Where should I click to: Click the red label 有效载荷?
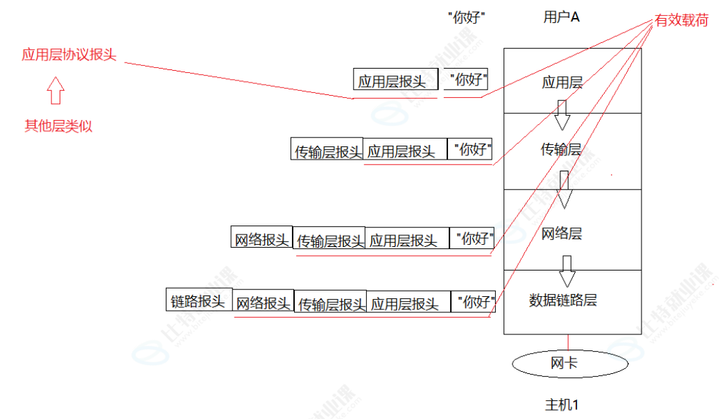(682, 21)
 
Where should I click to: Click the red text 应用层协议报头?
(69, 55)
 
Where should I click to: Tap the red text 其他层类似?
(58, 126)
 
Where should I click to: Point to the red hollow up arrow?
(56, 90)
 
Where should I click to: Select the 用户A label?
(561, 17)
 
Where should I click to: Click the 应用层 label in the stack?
(562, 83)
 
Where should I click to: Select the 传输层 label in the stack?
(561, 149)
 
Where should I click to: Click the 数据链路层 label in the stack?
(563, 300)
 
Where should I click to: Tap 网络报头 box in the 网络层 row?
(261, 239)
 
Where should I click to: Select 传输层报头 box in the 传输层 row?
(327, 150)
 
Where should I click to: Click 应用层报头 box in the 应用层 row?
(392, 80)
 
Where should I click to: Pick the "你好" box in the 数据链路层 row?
(476, 302)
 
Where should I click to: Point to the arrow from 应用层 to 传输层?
(562, 115)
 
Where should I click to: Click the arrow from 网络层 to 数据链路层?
(567, 271)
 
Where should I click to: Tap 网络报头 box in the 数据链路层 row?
(264, 303)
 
